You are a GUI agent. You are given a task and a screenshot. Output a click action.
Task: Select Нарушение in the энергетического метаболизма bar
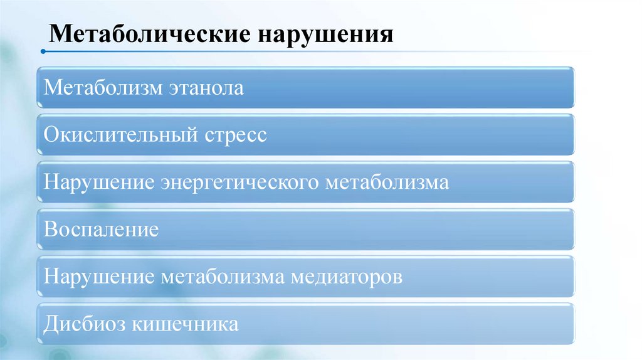[x=100, y=183]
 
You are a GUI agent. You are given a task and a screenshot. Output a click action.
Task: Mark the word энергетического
[x=241, y=183]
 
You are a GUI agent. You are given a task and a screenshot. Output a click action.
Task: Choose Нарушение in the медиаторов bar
[x=100, y=277]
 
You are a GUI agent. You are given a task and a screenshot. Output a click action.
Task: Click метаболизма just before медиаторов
[x=223, y=277]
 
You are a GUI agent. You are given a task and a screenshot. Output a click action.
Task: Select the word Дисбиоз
[x=83, y=324]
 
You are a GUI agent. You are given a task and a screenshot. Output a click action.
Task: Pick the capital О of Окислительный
[x=51, y=135]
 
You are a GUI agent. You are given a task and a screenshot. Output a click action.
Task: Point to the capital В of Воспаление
[x=50, y=230]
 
